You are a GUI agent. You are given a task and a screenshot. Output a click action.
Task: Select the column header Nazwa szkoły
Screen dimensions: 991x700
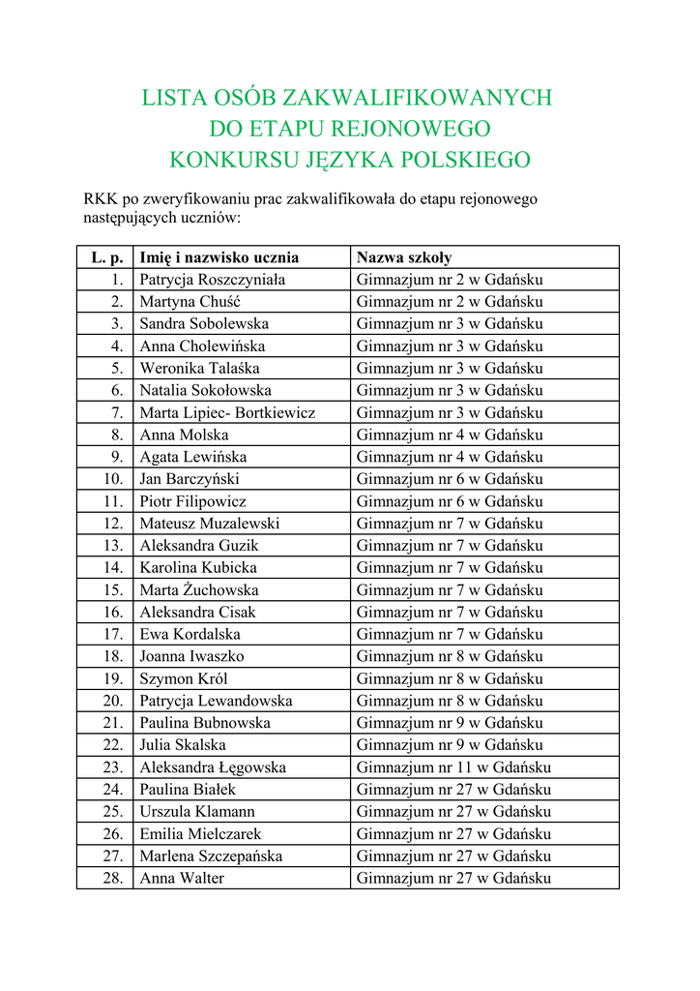click(x=404, y=257)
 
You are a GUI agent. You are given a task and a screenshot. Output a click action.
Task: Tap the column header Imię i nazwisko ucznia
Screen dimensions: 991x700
click(x=219, y=257)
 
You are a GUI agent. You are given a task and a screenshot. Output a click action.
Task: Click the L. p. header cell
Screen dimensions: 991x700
click(x=106, y=257)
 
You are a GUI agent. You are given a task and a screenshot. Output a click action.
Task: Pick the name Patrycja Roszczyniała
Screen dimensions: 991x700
click(x=213, y=280)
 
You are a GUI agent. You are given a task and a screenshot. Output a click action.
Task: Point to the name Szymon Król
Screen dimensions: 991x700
click(x=184, y=678)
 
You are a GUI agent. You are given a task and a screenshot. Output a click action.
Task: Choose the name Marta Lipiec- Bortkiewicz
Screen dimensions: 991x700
click(x=227, y=412)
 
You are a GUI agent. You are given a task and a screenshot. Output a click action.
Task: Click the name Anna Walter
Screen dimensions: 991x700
click(x=182, y=878)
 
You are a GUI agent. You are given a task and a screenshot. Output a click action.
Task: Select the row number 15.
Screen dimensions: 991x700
click(x=113, y=589)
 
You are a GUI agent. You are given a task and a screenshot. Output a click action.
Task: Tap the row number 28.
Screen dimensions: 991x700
click(x=113, y=878)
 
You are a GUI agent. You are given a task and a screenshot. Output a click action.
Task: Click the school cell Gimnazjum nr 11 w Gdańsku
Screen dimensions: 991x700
click(x=453, y=767)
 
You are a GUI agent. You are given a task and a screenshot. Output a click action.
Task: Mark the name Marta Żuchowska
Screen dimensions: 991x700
click(x=199, y=589)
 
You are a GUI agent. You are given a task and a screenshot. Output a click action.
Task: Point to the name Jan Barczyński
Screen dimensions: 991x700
click(x=190, y=479)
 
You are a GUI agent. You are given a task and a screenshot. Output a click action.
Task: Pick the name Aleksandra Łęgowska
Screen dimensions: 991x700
click(x=213, y=767)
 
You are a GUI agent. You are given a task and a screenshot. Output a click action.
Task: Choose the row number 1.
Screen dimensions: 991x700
click(x=117, y=280)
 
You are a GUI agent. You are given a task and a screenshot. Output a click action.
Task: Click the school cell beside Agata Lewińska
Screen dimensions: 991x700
click(x=450, y=457)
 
